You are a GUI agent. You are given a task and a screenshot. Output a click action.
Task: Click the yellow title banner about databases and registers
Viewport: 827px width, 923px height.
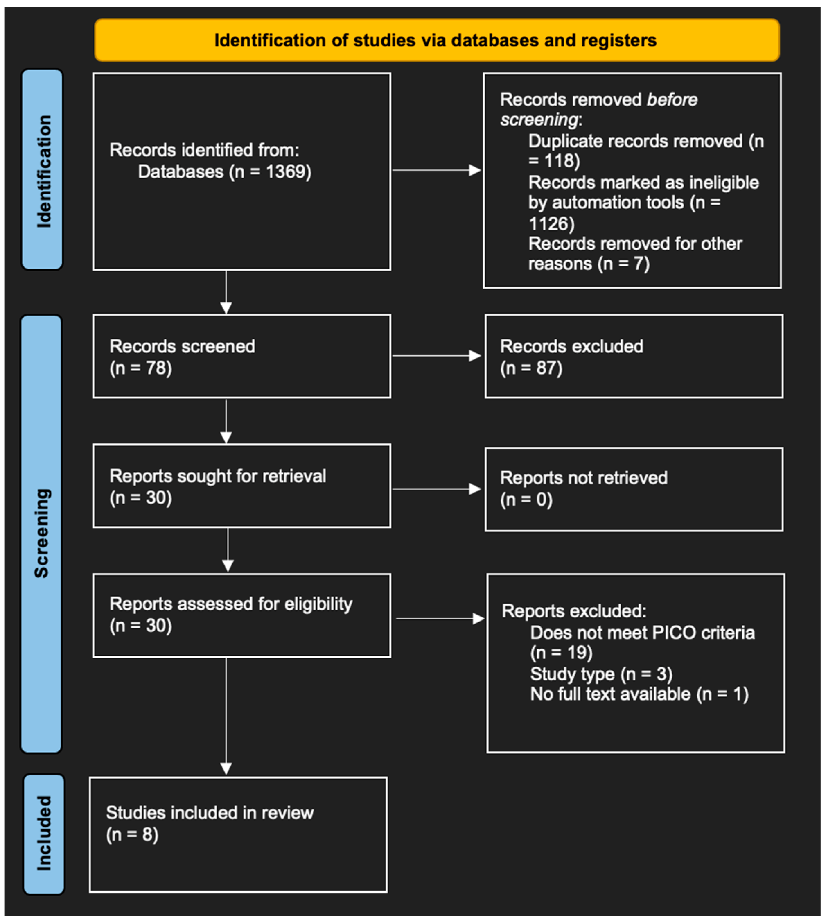click(x=436, y=40)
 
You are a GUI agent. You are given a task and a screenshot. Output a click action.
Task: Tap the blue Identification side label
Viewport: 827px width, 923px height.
click(x=42, y=169)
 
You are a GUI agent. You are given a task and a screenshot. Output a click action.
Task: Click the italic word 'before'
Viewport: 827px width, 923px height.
click(x=671, y=99)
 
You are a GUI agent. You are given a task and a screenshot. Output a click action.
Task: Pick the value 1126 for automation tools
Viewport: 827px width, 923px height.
click(x=551, y=223)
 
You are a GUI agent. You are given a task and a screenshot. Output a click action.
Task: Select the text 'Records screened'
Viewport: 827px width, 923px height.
click(x=182, y=346)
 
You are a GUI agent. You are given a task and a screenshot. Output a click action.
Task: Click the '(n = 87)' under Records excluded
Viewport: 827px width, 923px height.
click(x=531, y=368)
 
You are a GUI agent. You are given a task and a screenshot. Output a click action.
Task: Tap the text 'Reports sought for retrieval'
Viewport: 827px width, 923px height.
click(x=217, y=476)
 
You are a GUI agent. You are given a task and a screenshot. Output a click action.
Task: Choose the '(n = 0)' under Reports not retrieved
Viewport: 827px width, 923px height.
click(x=526, y=500)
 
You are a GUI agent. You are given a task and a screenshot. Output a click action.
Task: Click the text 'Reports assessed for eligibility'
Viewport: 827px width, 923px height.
click(x=230, y=604)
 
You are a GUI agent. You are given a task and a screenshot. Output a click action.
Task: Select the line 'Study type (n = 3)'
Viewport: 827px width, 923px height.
click(x=601, y=674)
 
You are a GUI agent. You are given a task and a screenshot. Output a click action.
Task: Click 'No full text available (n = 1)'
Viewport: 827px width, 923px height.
click(x=639, y=694)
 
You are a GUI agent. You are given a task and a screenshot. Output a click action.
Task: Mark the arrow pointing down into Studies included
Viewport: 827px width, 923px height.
click(x=226, y=768)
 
